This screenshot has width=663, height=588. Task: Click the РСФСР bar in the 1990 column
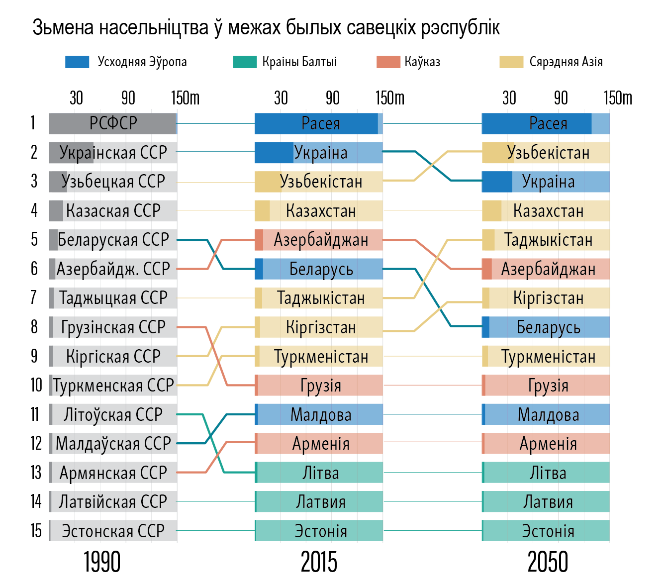tap(113, 123)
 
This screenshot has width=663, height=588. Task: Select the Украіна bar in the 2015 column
tap(319, 153)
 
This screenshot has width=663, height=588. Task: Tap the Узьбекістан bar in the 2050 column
tap(546, 153)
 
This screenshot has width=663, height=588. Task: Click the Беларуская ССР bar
tap(113, 240)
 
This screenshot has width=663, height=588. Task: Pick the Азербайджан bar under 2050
tap(546, 269)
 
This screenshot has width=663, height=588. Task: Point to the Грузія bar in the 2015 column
tap(319, 386)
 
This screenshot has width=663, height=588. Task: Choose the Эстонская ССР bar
tap(113, 531)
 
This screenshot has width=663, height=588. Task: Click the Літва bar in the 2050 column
tap(546, 473)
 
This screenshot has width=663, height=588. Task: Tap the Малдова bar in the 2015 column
tap(319, 414)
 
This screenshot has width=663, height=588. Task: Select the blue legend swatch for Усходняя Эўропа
tap(77, 62)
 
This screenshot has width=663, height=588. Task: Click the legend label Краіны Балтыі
tap(299, 62)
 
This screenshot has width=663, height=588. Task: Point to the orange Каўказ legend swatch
tap(388, 62)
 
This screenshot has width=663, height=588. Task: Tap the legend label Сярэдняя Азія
tap(566, 62)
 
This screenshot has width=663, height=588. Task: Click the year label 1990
tap(102, 563)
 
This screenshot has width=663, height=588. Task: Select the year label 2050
tap(547, 563)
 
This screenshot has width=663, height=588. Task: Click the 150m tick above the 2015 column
tap(390, 98)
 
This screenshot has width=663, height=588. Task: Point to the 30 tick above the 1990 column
tap(76, 98)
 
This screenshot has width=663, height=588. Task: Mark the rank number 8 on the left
tap(34, 327)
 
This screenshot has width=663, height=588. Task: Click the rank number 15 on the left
tap(36, 531)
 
